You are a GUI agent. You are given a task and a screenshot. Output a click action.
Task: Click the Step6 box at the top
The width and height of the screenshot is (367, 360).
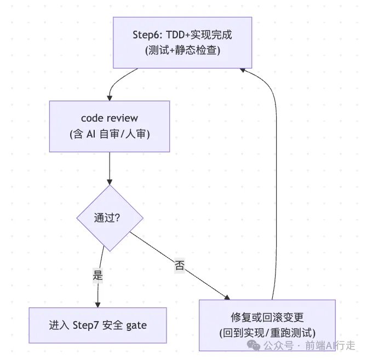coord(182,43)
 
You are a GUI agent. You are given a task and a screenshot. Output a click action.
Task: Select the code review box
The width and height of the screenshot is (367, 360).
coord(110,127)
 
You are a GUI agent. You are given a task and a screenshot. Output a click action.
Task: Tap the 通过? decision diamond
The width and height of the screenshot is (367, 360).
coord(110,218)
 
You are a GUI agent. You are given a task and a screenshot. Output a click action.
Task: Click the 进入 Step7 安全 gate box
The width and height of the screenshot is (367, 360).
coord(98,325)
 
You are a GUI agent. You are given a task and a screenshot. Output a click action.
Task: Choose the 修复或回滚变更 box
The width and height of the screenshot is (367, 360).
coord(267,325)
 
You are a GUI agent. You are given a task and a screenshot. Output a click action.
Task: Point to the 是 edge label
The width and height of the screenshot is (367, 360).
coord(98,275)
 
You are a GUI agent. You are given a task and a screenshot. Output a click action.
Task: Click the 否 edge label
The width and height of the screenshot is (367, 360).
coord(180,266)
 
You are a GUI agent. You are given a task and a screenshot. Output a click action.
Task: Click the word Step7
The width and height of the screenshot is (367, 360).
coord(85,325)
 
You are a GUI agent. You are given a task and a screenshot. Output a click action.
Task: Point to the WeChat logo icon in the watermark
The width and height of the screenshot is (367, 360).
coord(254,345)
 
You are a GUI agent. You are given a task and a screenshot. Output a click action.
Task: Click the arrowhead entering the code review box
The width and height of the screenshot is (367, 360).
coord(110,98)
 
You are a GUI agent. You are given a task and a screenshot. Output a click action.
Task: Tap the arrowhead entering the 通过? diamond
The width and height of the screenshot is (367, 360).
coord(110,182)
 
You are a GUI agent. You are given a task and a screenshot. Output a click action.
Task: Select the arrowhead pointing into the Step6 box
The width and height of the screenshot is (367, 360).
coord(243,70)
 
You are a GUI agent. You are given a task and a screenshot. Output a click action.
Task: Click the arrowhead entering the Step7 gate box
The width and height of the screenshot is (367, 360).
coord(98,305)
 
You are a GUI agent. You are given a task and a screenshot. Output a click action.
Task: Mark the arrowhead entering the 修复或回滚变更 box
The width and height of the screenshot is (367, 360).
coord(227,298)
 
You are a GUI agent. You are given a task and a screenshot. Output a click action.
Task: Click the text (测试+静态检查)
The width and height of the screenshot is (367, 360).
coord(182,50)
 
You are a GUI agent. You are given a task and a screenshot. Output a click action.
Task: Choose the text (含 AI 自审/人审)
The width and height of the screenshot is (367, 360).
coord(110,134)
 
